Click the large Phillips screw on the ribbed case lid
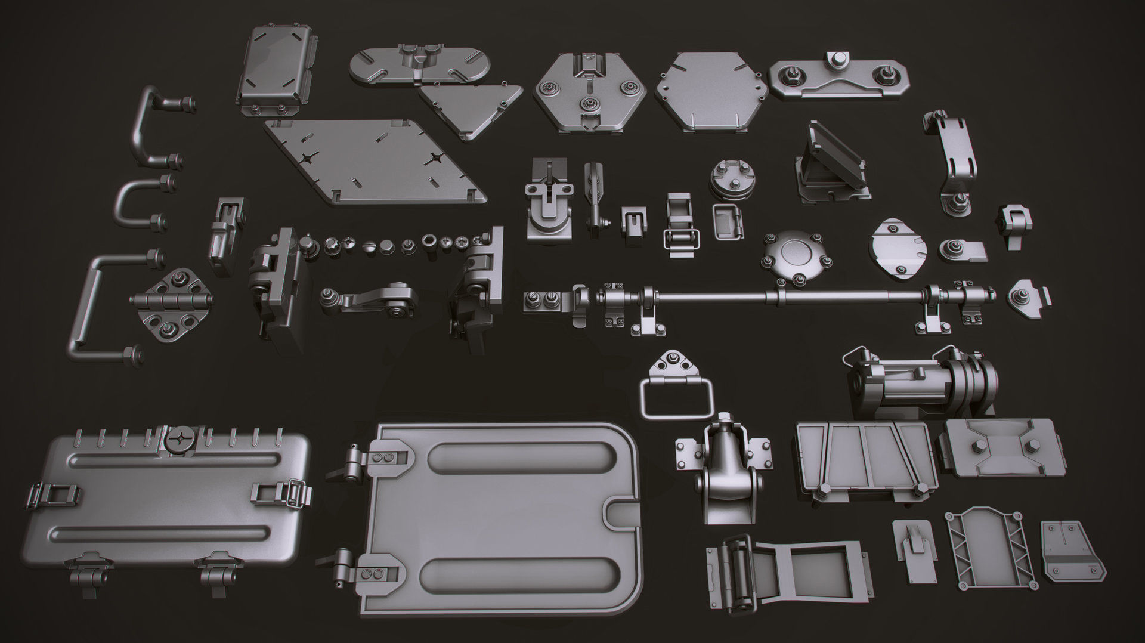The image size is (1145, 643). [181, 440]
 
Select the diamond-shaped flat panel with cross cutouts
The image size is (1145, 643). [375, 159]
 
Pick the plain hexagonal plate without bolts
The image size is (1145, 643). [711, 91]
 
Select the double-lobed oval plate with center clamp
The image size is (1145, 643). [420, 66]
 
